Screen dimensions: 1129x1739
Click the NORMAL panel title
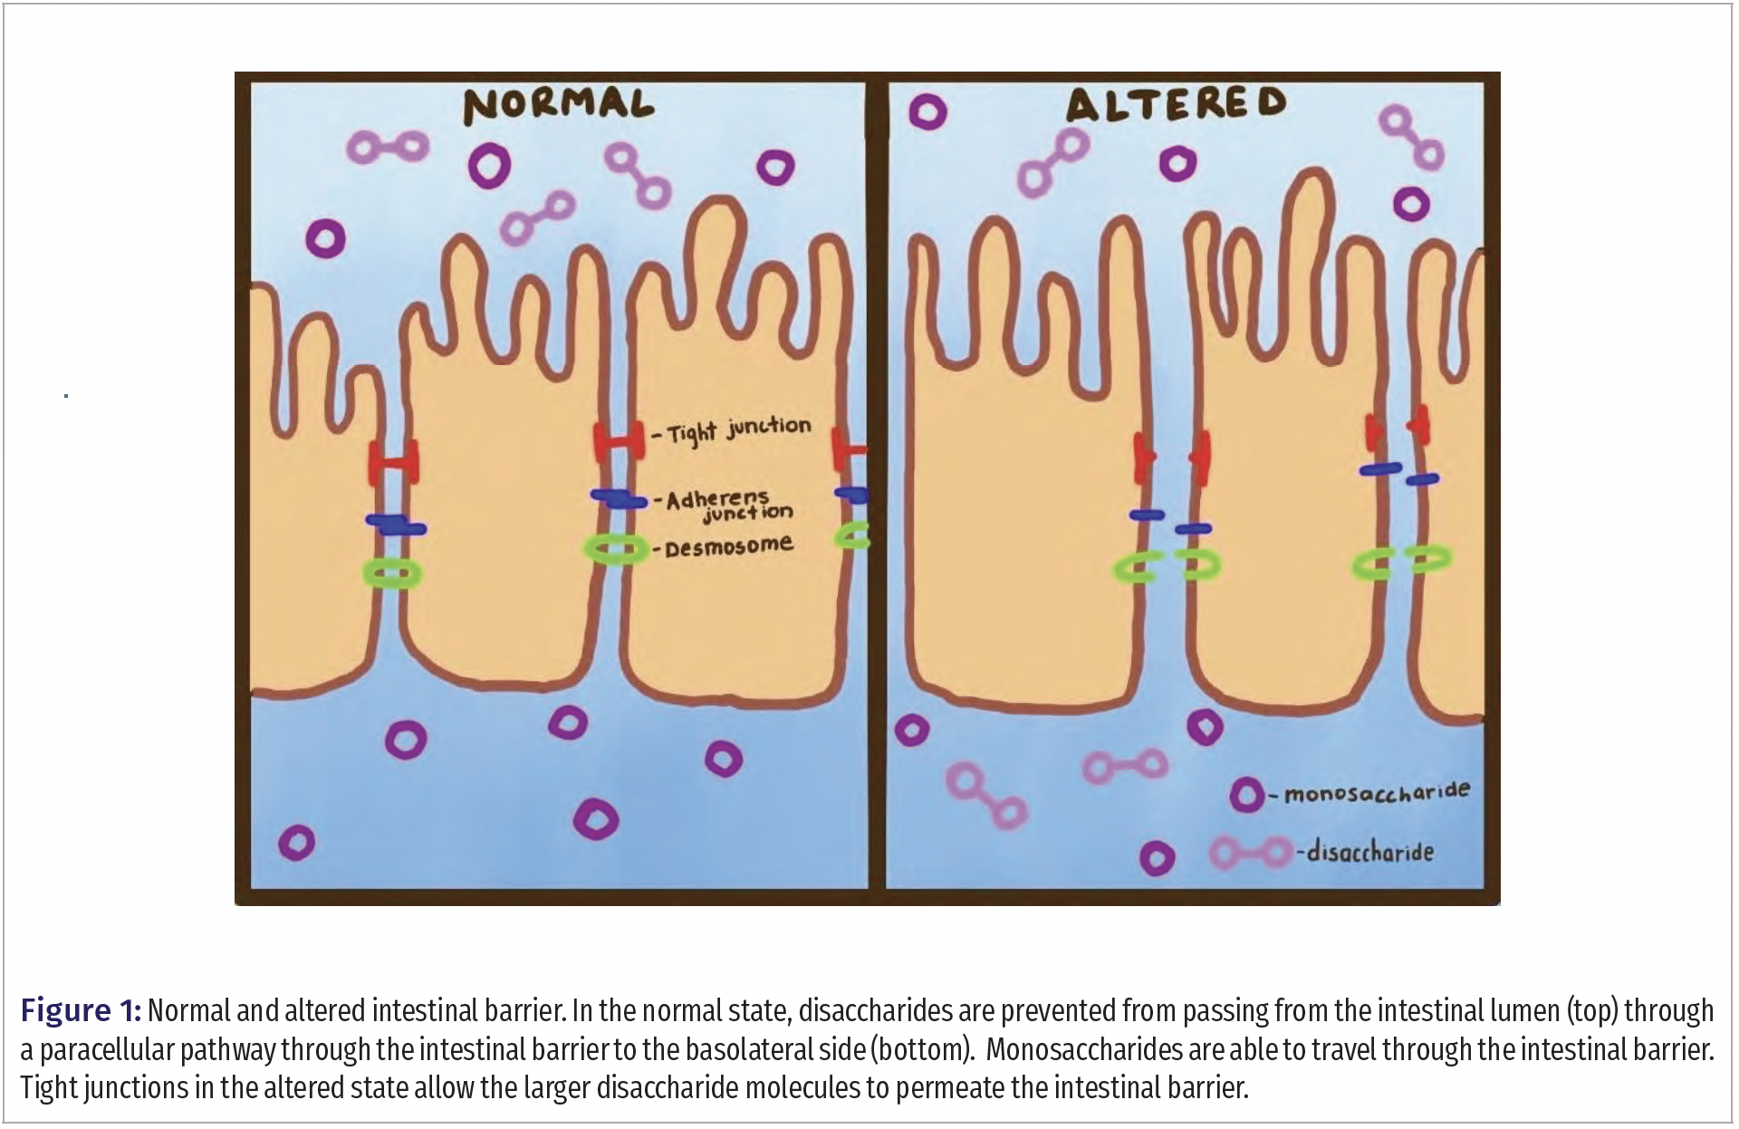coord(558,105)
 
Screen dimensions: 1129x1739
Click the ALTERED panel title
coord(1176,104)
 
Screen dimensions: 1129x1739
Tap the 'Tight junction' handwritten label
coord(739,429)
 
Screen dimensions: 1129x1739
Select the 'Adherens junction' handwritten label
coord(728,506)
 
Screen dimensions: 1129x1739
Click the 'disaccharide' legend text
coord(1369,852)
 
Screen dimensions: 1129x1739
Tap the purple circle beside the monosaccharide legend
coord(1246,796)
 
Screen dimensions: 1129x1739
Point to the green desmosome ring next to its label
coord(616,549)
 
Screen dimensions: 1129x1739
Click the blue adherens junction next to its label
coord(618,497)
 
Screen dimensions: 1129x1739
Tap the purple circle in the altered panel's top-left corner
coord(927,112)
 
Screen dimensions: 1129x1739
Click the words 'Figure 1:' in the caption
coord(80,1010)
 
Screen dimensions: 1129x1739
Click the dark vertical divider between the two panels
coord(877,489)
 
